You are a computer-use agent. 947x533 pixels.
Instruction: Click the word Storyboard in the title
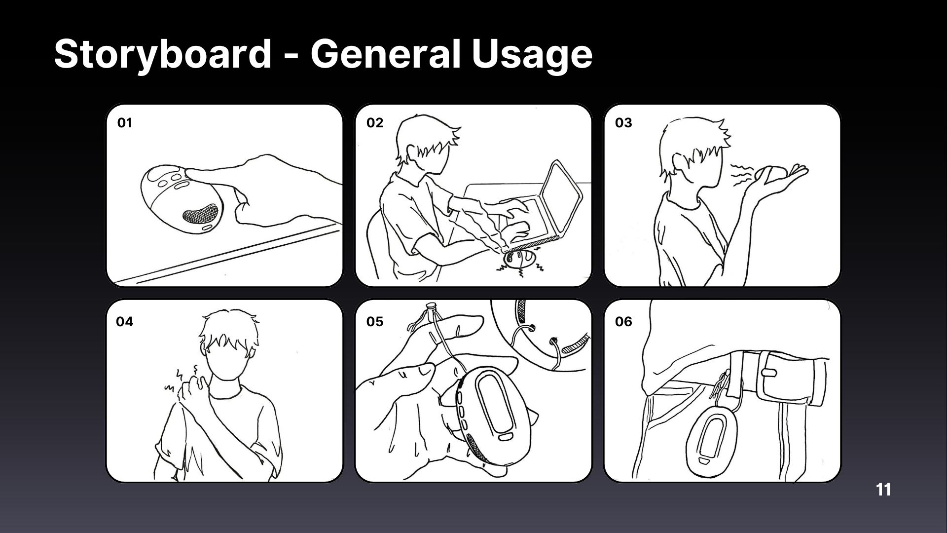(x=163, y=54)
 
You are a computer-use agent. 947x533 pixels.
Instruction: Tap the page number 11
(x=883, y=490)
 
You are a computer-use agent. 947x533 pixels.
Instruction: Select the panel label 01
(x=125, y=123)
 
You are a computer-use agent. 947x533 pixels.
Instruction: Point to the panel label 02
(x=375, y=123)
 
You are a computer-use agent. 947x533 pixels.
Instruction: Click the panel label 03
(x=623, y=123)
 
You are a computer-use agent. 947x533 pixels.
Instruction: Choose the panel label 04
(x=125, y=322)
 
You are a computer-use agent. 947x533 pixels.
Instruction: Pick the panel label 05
(x=375, y=322)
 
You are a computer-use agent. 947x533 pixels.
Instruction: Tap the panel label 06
(x=623, y=322)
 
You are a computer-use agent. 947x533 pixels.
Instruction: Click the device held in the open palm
(x=772, y=174)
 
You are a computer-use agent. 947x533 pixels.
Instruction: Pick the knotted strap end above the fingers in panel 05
(x=430, y=310)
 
